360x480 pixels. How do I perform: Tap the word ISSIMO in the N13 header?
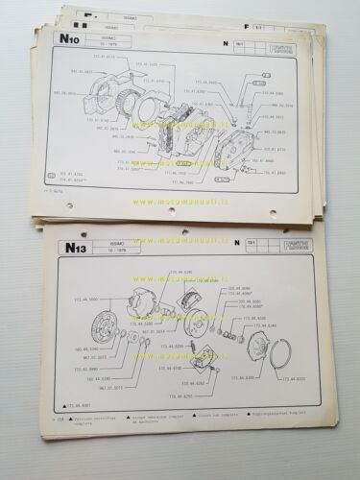[x=123, y=245]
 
